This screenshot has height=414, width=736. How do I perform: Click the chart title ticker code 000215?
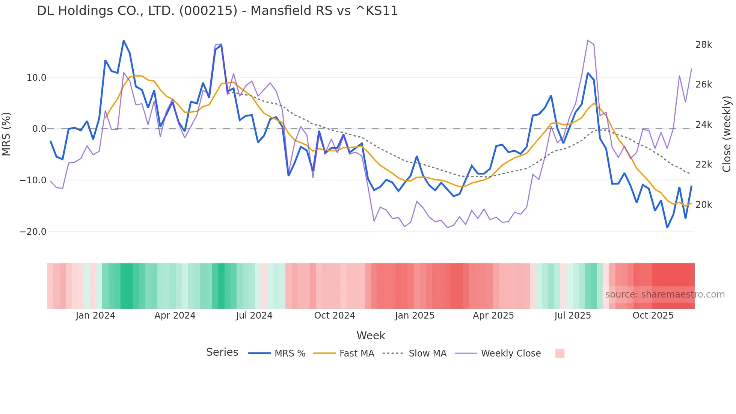[x=208, y=11]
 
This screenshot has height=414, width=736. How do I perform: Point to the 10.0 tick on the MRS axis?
[x=36, y=78]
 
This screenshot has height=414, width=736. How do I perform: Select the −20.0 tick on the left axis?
[x=33, y=232]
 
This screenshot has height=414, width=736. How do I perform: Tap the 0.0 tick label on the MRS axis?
[x=39, y=129]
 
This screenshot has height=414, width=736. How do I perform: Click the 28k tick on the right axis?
[x=703, y=45]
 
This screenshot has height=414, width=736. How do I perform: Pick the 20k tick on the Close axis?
[x=703, y=205]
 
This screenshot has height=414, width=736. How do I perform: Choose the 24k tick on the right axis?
[x=703, y=125]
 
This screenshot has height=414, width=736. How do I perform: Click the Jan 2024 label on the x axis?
[x=95, y=316]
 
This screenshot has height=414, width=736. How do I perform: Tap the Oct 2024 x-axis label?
[x=335, y=316]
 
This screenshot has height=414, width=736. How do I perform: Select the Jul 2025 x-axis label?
[x=573, y=316]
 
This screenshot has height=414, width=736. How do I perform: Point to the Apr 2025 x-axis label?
[x=493, y=316]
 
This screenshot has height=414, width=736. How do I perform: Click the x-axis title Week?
[x=371, y=335]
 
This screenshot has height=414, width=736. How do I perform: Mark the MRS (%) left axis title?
[x=6, y=134]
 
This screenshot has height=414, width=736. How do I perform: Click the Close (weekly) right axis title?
[x=727, y=134]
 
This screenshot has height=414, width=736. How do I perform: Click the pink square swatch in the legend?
[x=560, y=353]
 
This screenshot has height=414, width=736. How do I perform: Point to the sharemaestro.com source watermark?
[x=665, y=295]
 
